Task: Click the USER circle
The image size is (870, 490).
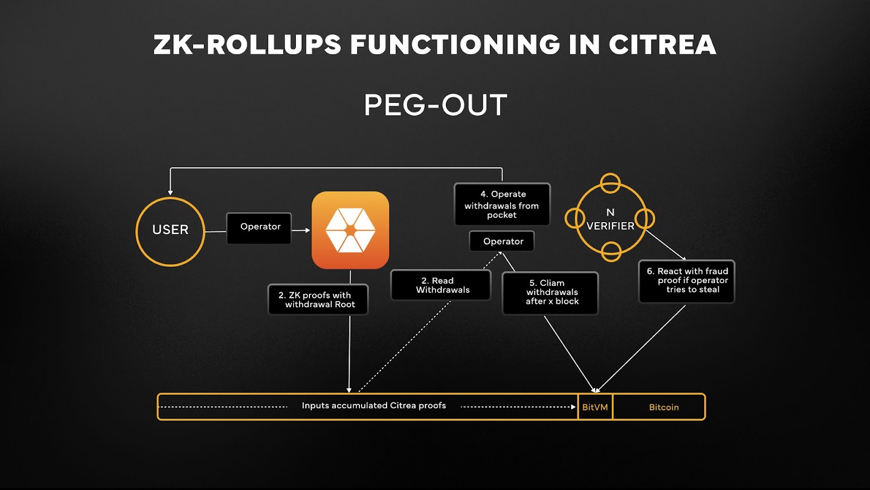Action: click(x=170, y=231)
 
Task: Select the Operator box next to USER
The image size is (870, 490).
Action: click(x=259, y=228)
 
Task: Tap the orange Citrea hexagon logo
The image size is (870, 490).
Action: click(x=350, y=230)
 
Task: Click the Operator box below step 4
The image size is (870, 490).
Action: click(x=502, y=241)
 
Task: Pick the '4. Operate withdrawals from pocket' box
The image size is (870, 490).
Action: click(x=502, y=204)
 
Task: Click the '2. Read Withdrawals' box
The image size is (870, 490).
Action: click(x=441, y=285)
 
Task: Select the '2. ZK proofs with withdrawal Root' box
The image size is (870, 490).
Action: click(x=318, y=299)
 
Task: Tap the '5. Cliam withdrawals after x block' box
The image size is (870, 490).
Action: click(x=550, y=292)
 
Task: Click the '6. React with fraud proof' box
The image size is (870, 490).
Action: click(x=687, y=281)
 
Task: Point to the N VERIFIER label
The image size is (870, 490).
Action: click(x=610, y=219)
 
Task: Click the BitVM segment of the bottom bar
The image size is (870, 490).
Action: click(x=595, y=407)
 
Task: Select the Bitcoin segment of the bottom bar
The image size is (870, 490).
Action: click(x=663, y=407)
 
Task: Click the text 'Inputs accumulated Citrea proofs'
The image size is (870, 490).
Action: click(x=374, y=406)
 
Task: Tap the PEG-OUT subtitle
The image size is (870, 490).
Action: click(x=435, y=105)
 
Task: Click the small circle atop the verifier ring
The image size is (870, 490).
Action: click(x=610, y=183)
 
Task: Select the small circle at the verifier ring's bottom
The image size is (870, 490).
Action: click(x=611, y=252)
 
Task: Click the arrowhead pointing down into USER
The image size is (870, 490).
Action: click(x=170, y=192)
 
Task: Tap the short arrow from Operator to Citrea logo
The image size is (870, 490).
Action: click(x=301, y=230)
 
